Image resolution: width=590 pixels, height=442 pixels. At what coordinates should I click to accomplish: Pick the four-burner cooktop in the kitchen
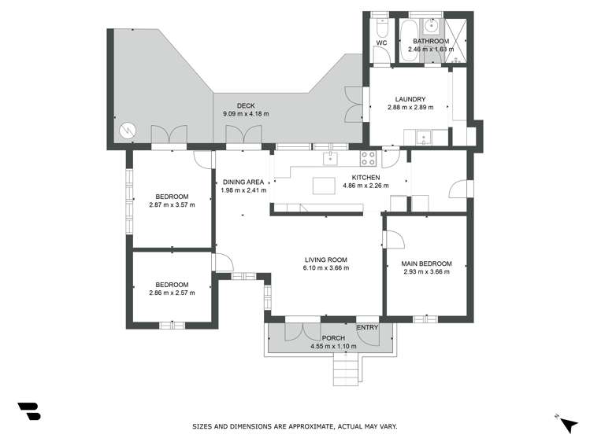369,158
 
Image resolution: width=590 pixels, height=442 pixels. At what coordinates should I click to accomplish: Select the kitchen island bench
323,186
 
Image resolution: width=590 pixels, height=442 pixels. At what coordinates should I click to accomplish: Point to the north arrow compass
567,423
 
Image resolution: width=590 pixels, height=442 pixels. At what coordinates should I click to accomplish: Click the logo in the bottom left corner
28,411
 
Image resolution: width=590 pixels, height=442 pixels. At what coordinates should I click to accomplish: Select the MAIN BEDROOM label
426,263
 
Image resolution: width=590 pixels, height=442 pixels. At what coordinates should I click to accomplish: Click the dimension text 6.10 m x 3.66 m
325,268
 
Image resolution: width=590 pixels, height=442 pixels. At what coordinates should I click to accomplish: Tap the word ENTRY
367,328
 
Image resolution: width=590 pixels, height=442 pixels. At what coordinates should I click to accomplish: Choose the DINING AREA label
243,182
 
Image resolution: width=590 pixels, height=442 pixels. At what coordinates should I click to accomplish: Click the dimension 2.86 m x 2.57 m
171,293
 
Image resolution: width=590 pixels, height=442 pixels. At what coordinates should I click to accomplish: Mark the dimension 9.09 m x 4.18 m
246,114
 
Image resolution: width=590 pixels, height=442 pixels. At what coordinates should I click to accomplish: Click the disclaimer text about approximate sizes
295,426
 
